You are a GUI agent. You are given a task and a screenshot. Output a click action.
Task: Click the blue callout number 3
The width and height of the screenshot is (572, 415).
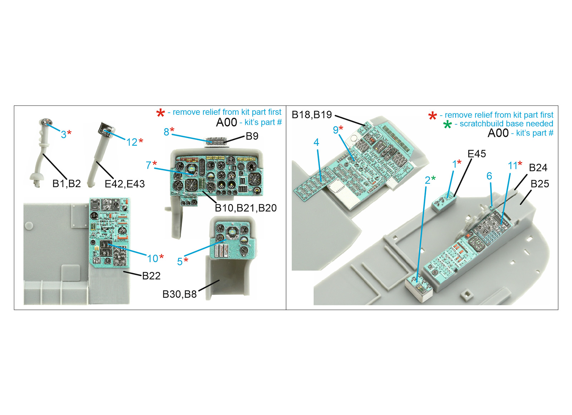point(64,134)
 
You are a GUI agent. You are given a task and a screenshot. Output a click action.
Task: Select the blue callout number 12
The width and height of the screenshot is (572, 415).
point(132,142)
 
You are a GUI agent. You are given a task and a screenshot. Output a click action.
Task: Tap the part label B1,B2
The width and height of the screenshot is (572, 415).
point(66,184)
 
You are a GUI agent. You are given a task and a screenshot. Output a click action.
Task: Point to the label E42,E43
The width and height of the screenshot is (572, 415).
point(125,184)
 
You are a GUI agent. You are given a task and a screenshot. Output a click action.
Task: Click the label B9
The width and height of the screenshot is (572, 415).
point(252,136)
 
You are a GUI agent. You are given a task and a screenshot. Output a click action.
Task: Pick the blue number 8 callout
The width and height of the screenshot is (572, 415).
point(166,132)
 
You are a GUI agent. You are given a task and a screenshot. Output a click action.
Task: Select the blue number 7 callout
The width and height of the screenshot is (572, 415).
point(148,165)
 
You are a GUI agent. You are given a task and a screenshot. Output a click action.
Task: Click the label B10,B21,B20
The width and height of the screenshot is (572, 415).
point(246,208)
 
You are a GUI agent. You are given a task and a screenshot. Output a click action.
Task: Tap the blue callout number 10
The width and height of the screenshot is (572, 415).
point(153,258)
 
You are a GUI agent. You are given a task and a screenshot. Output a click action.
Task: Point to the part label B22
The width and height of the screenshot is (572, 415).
point(151,276)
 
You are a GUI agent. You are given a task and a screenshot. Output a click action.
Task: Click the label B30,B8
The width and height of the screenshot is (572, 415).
point(179,294)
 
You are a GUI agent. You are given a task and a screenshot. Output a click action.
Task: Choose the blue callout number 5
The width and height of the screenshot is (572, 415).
point(180,262)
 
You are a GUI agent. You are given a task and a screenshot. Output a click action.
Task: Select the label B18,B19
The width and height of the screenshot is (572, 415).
point(312,115)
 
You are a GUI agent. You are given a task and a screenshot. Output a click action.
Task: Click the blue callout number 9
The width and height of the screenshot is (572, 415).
point(336,130)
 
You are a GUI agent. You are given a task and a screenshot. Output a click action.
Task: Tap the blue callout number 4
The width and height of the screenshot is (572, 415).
point(316,142)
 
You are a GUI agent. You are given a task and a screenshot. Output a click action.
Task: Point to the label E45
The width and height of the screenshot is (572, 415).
point(477,153)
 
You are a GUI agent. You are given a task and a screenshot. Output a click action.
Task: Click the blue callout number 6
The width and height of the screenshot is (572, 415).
point(489,176)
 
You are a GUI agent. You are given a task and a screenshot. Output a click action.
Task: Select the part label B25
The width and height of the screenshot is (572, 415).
point(540,184)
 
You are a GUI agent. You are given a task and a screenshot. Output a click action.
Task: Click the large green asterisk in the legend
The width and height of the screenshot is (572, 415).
point(447,125)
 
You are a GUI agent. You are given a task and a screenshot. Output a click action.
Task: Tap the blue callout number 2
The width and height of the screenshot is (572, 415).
point(428,180)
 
